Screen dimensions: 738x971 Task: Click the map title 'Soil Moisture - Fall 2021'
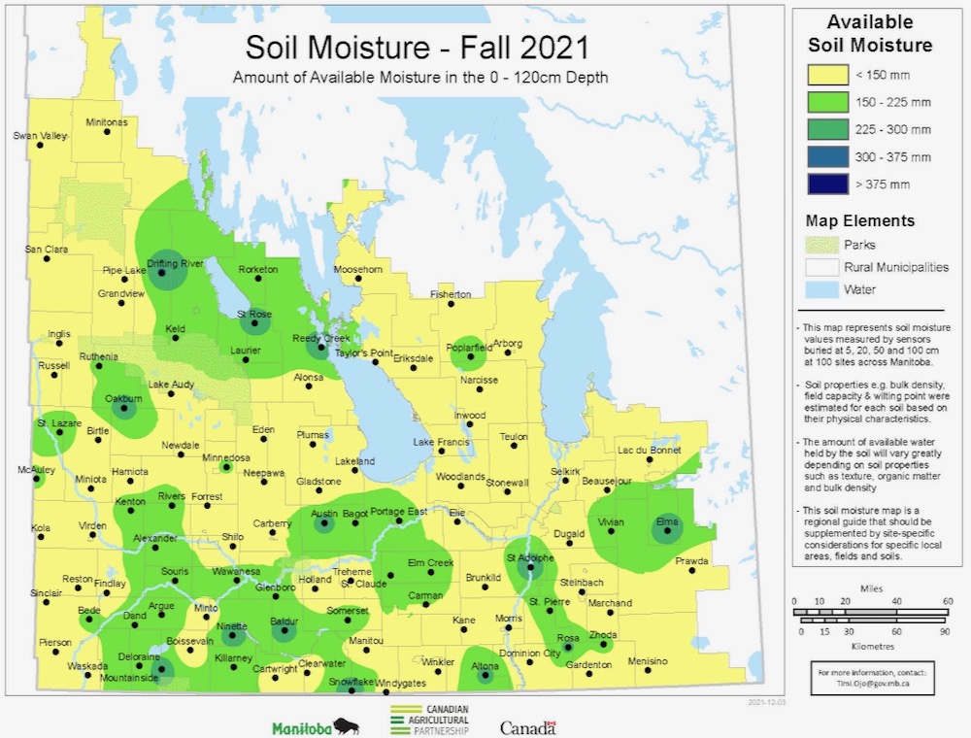tap(417, 48)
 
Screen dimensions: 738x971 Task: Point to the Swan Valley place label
tap(40, 136)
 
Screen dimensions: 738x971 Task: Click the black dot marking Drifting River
tap(161, 275)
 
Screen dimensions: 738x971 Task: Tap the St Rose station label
tap(254, 314)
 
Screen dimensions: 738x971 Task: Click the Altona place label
tap(485, 665)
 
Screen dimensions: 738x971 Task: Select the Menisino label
tap(649, 661)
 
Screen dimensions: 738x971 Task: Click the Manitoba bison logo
tap(316, 727)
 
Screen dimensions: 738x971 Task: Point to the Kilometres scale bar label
tap(871, 644)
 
